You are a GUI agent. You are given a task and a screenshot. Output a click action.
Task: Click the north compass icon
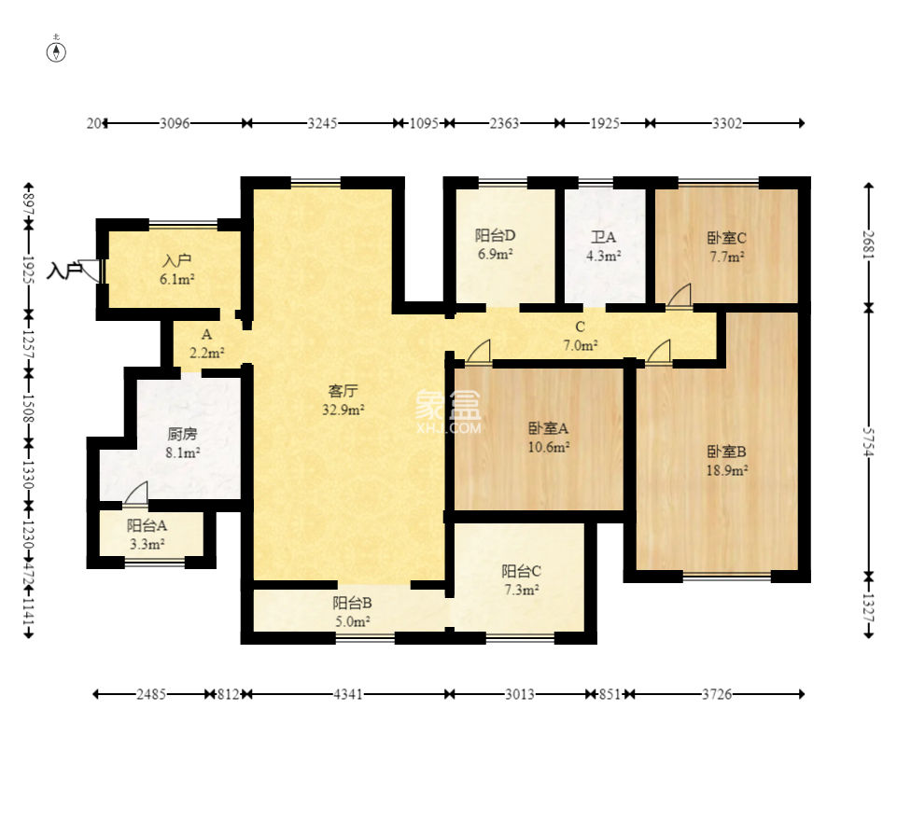(x=56, y=51)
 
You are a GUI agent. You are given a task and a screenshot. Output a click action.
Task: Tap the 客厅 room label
(x=343, y=391)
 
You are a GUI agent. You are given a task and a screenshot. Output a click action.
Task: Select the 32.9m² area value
(x=343, y=410)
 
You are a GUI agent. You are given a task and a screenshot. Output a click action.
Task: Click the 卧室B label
(x=726, y=452)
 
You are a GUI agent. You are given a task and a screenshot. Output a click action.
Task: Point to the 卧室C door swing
(x=680, y=295)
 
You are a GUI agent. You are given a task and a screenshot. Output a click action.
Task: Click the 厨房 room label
(x=183, y=434)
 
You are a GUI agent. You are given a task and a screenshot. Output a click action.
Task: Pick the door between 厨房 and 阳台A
(x=136, y=493)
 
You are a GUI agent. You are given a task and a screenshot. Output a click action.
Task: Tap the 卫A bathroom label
(x=604, y=237)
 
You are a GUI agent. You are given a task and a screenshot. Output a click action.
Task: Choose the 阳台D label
(x=496, y=235)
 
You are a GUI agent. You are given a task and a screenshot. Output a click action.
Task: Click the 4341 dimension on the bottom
(x=348, y=694)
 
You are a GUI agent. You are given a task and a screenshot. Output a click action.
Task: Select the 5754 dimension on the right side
(x=868, y=442)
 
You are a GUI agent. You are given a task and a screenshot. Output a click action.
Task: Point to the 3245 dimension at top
(x=323, y=123)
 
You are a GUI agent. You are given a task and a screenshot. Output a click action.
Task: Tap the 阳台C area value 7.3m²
(x=522, y=590)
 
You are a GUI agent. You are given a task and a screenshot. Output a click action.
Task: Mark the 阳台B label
(x=353, y=603)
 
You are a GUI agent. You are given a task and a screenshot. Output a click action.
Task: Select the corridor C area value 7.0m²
(x=581, y=345)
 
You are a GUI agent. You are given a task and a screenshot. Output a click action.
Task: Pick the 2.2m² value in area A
(x=206, y=353)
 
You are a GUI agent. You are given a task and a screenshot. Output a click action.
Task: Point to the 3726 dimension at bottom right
(x=717, y=694)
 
